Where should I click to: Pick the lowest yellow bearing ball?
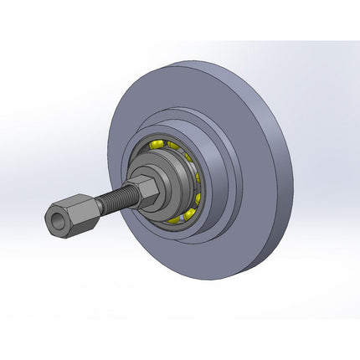[174, 219]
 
